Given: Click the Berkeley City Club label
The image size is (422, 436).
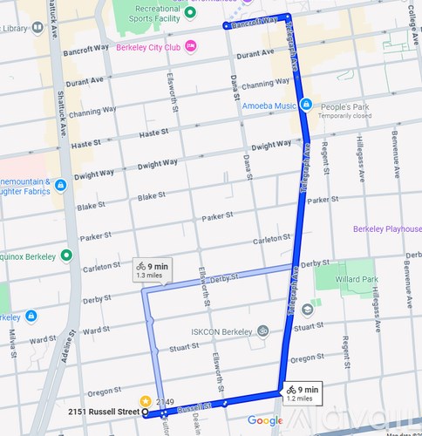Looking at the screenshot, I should [x=149, y=46].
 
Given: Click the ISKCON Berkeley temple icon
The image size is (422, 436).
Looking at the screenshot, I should [x=262, y=331].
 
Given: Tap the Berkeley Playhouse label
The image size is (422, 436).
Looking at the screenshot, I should [x=386, y=229].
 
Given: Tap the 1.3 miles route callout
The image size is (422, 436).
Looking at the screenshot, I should [x=151, y=269].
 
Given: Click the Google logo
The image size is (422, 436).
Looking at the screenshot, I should [x=264, y=421].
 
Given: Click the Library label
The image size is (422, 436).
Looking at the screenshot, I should [x=15, y=28].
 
